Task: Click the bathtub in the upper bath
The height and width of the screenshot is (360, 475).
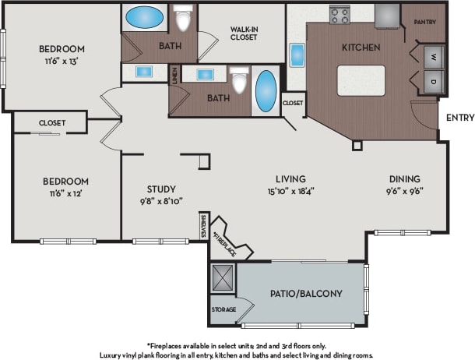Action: coord(142,16)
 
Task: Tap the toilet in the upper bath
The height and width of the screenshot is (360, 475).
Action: coord(184,17)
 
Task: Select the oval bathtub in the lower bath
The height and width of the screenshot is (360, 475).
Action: coord(266,91)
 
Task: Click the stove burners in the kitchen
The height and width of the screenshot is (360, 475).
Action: coord(339,14)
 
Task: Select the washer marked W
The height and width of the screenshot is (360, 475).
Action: coord(433,57)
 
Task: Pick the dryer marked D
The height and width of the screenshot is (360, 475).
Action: coord(433,81)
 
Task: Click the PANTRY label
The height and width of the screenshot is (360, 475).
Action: coord(424,22)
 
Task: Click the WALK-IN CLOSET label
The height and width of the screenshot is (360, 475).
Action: coord(244,33)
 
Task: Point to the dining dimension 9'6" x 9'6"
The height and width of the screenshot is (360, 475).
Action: coord(404,190)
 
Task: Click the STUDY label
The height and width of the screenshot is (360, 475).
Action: coord(161,189)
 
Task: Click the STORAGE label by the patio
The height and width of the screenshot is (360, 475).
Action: coord(223,309)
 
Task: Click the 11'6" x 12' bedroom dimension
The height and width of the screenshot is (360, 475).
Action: coord(65,192)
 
